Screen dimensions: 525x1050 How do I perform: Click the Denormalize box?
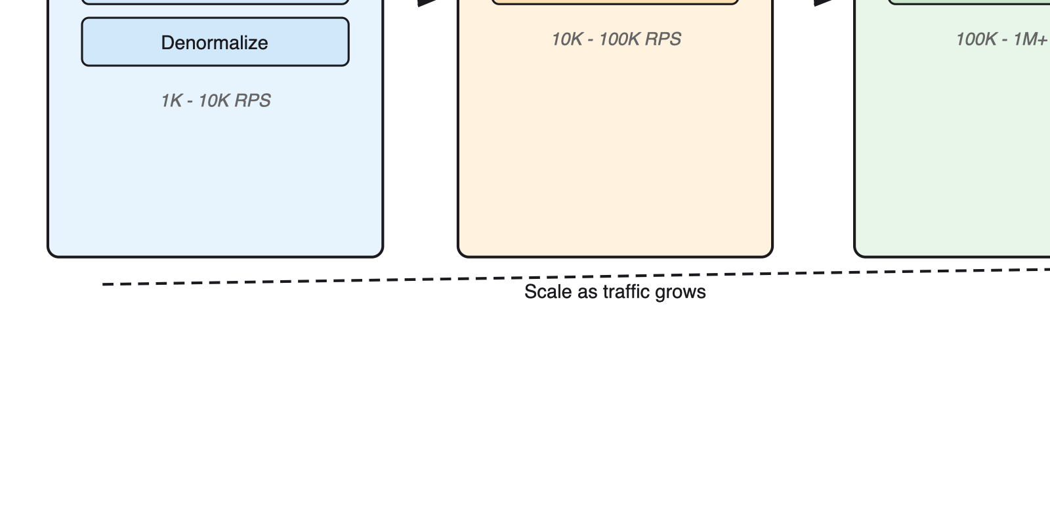(x=215, y=42)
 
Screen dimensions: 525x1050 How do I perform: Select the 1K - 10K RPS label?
(x=215, y=100)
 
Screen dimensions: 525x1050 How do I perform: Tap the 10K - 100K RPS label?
(x=616, y=39)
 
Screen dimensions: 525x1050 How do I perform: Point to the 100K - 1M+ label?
(x=1001, y=39)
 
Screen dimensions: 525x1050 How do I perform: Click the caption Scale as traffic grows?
(x=615, y=292)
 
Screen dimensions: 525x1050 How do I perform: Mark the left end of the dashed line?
(x=104, y=284)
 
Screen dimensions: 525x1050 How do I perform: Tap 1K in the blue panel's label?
(x=171, y=100)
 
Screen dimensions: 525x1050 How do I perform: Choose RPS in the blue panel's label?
(x=253, y=100)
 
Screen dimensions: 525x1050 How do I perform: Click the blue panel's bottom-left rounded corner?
(x=52, y=253)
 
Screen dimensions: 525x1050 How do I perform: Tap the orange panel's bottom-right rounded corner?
(x=768, y=253)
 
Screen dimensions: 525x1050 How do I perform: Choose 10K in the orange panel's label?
(x=567, y=39)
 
